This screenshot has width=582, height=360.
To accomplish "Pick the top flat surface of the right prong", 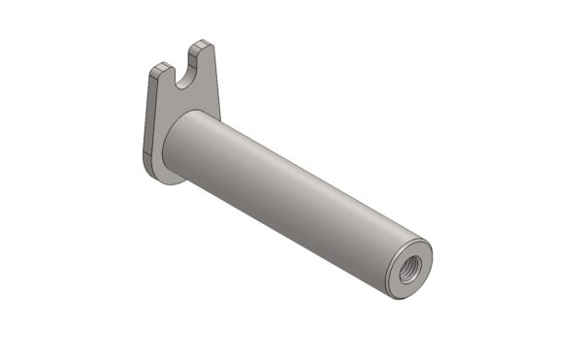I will pos(201,44).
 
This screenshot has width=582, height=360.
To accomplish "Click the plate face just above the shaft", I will pos(189,105).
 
